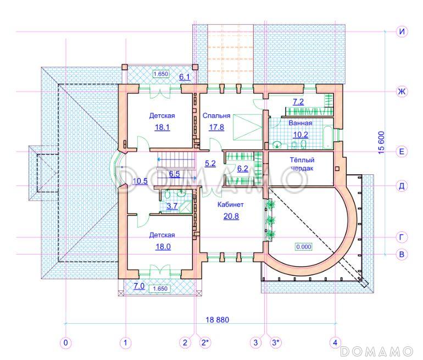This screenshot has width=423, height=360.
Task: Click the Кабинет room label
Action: point(230,204)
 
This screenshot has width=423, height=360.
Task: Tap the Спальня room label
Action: point(216,116)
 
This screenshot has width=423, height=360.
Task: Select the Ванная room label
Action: point(300,123)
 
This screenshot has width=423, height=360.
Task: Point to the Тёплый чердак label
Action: point(302,164)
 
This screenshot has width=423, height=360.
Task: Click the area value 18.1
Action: point(162,127)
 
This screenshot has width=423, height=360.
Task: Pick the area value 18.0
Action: point(163,247)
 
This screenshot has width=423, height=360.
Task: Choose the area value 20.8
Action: point(231,216)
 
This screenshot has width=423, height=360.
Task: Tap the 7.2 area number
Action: point(298,102)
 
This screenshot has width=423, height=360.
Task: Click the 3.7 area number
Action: point(172,206)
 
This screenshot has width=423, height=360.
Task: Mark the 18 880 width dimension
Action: point(218,320)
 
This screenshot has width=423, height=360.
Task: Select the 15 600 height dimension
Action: point(381,142)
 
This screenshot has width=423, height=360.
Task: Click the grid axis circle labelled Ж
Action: point(402,91)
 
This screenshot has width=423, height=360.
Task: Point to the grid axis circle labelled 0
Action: point(65,343)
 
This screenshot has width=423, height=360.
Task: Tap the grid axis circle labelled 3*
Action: point(275,343)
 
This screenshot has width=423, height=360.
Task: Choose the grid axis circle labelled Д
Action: point(402,186)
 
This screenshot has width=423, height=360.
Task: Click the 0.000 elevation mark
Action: point(304,247)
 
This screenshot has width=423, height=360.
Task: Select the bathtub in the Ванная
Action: point(328,137)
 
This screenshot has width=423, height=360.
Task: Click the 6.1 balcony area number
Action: point(185,77)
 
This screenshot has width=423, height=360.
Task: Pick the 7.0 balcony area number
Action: point(139,286)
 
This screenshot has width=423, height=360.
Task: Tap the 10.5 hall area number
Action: point(140,181)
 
